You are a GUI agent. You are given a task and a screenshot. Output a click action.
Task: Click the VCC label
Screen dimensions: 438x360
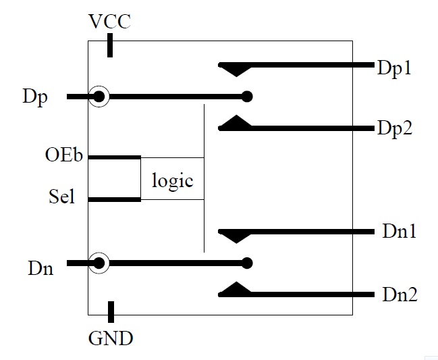109,21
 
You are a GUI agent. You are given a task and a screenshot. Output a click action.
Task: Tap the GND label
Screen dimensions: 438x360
111,338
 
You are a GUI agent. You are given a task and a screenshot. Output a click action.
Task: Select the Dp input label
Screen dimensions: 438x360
35,97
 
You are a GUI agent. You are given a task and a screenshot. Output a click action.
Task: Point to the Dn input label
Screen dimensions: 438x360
40,267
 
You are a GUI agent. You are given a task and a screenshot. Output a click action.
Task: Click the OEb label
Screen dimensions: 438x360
64,155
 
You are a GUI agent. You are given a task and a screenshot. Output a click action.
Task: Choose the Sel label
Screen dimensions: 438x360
61,196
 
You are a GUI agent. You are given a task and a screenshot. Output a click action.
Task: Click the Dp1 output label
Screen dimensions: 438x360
394,68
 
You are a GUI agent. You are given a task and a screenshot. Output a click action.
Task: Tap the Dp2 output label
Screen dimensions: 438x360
395,129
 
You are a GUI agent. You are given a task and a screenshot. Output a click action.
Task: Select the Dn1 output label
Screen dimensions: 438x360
400,231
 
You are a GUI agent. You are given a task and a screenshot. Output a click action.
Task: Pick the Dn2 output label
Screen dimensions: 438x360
400,294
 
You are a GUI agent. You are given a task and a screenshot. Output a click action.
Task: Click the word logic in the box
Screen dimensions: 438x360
172,181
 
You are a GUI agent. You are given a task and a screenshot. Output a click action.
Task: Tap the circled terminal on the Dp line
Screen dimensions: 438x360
99,97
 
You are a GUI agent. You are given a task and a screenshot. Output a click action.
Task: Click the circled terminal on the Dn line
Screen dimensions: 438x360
99,263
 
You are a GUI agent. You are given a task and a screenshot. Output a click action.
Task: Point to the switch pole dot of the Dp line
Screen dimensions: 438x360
247,97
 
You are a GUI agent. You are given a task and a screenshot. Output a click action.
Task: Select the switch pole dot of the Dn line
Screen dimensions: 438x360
247,263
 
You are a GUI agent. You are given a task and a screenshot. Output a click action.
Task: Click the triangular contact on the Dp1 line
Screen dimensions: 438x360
236,70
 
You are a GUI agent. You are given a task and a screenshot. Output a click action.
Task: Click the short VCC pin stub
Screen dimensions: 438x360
110,45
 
